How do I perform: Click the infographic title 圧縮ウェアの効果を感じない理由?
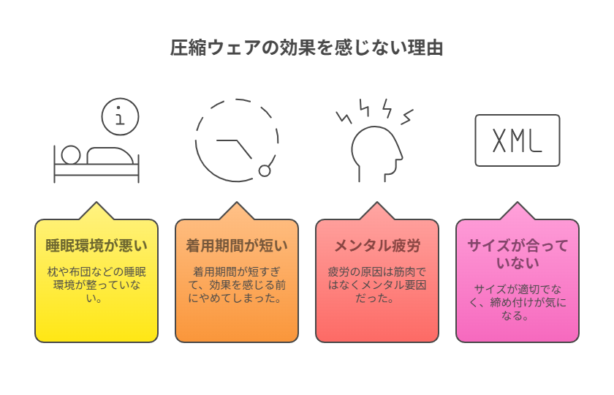point(306,48)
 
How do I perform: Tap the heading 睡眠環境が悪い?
point(96,246)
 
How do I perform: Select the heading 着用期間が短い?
point(237,246)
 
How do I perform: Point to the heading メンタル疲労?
point(377,246)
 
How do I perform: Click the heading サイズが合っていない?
point(518,254)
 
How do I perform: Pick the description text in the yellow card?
point(96,285)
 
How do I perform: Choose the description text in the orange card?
point(237,285)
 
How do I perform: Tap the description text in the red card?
point(377,285)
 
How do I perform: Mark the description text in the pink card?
point(518,302)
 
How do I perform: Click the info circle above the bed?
point(120,116)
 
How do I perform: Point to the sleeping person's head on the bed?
point(71,155)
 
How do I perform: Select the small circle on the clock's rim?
point(265,171)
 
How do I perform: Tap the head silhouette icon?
point(376,154)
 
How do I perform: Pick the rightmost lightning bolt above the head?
point(407,117)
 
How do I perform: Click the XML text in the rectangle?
point(517,140)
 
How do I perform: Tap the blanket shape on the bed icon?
point(110,156)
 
